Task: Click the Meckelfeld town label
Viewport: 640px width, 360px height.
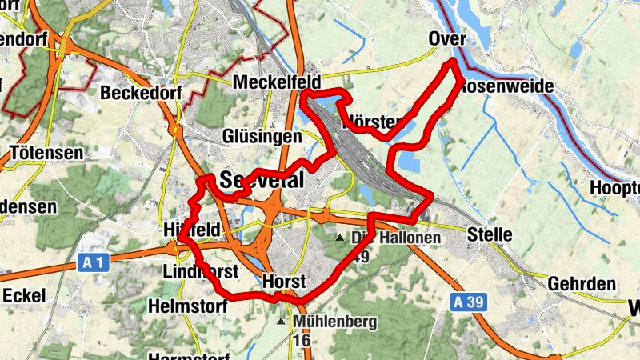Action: [277, 83]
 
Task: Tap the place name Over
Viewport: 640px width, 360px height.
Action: [447, 39]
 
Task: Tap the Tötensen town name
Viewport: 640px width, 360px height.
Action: [46, 152]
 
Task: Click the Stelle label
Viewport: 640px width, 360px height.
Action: [490, 234]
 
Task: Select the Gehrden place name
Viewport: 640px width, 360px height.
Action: [582, 284]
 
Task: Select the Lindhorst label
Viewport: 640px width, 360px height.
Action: [200, 271]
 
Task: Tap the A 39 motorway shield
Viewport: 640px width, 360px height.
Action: [465, 302]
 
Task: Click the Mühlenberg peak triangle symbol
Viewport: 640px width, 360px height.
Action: [281, 322]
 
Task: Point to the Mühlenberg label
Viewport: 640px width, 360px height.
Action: [335, 322]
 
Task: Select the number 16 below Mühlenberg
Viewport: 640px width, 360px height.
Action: [302, 341]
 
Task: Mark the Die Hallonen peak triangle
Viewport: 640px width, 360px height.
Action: [339, 238]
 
